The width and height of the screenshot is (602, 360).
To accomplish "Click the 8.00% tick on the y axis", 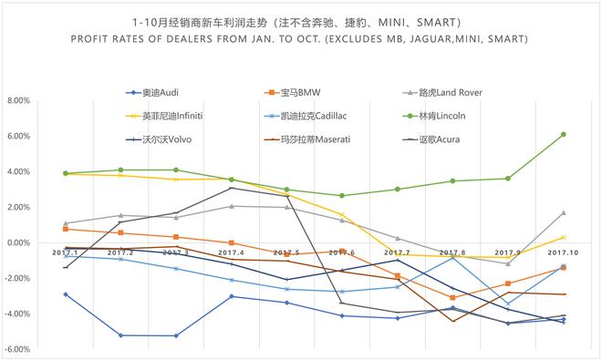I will point(18,101).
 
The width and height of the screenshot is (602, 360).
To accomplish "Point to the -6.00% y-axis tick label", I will point(17,350).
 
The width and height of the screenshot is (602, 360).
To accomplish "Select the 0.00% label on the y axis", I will point(18,243).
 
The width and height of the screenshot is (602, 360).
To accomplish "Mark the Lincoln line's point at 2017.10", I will point(564,134).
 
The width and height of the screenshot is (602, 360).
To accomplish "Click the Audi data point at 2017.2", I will point(120,335).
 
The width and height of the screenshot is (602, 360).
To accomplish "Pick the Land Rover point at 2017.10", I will point(564,212).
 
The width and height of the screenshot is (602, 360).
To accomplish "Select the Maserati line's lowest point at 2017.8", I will point(453,321).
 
